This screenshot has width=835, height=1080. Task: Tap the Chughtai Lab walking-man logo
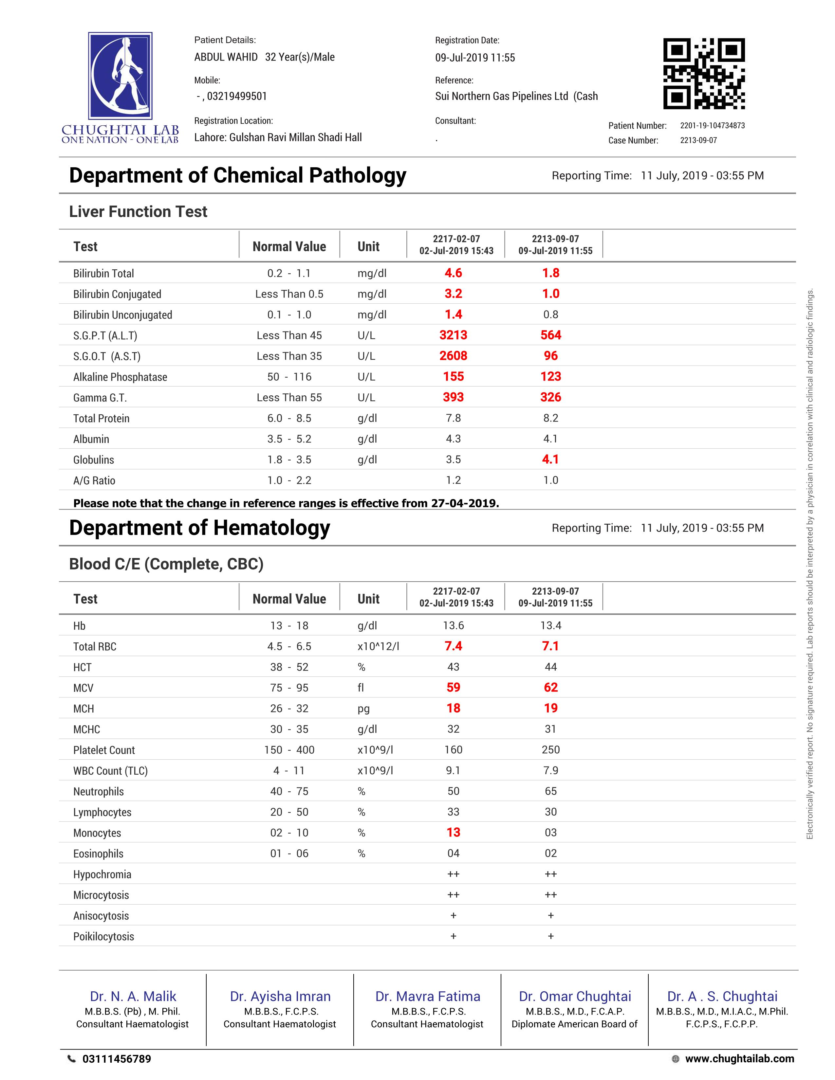click(x=120, y=76)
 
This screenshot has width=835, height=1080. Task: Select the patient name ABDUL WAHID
click(x=226, y=57)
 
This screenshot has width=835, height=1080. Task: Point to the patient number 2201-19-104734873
click(x=712, y=126)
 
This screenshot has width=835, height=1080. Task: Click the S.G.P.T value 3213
click(x=453, y=335)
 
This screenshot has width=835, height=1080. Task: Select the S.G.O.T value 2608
click(x=453, y=356)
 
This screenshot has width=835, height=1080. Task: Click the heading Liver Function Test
click(x=138, y=212)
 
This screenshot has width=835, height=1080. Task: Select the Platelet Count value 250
click(x=550, y=750)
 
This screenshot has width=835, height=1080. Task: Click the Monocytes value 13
click(x=453, y=833)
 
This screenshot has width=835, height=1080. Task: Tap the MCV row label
click(x=83, y=688)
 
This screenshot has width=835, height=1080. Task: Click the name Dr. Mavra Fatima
click(x=427, y=997)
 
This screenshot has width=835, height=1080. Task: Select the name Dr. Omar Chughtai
click(x=575, y=997)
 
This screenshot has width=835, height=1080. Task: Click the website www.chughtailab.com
click(x=739, y=1059)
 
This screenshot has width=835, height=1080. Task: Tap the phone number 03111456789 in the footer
click(x=117, y=1059)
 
